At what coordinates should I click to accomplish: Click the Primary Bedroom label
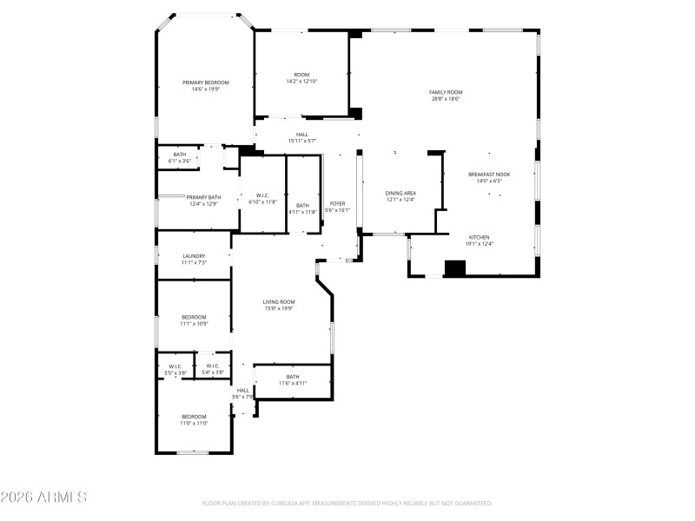pyautogui.click(x=205, y=82)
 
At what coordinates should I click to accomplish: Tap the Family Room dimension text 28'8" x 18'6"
pyautogui.click(x=445, y=99)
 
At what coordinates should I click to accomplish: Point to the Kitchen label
pyautogui.click(x=480, y=237)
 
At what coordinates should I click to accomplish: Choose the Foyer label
pyautogui.click(x=336, y=203)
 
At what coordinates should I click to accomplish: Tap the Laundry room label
pyautogui.click(x=194, y=255)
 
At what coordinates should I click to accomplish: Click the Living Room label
pyautogui.click(x=279, y=301)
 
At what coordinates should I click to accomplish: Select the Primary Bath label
pyautogui.click(x=203, y=197)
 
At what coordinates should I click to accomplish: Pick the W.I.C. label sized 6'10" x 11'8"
pyautogui.click(x=262, y=195)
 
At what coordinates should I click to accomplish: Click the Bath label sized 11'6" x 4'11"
pyautogui.click(x=293, y=377)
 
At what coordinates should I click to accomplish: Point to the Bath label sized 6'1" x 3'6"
pyautogui.click(x=179, y=155)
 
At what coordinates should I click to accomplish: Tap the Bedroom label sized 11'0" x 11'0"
pyautogui.click(x=194, y=416)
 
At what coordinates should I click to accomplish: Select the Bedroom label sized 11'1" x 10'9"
pyautogui.click(x=194, y=317)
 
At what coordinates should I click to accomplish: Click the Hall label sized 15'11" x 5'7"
pyautogui.click(x=302, y=134)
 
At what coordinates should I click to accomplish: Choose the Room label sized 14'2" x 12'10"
pyautogui.click(x=301, y=75)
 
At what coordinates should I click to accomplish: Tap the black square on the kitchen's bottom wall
pyautogui.click(x=455, y=268)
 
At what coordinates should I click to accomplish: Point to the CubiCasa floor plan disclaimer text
pyautogui.click(x=347, y=503)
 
